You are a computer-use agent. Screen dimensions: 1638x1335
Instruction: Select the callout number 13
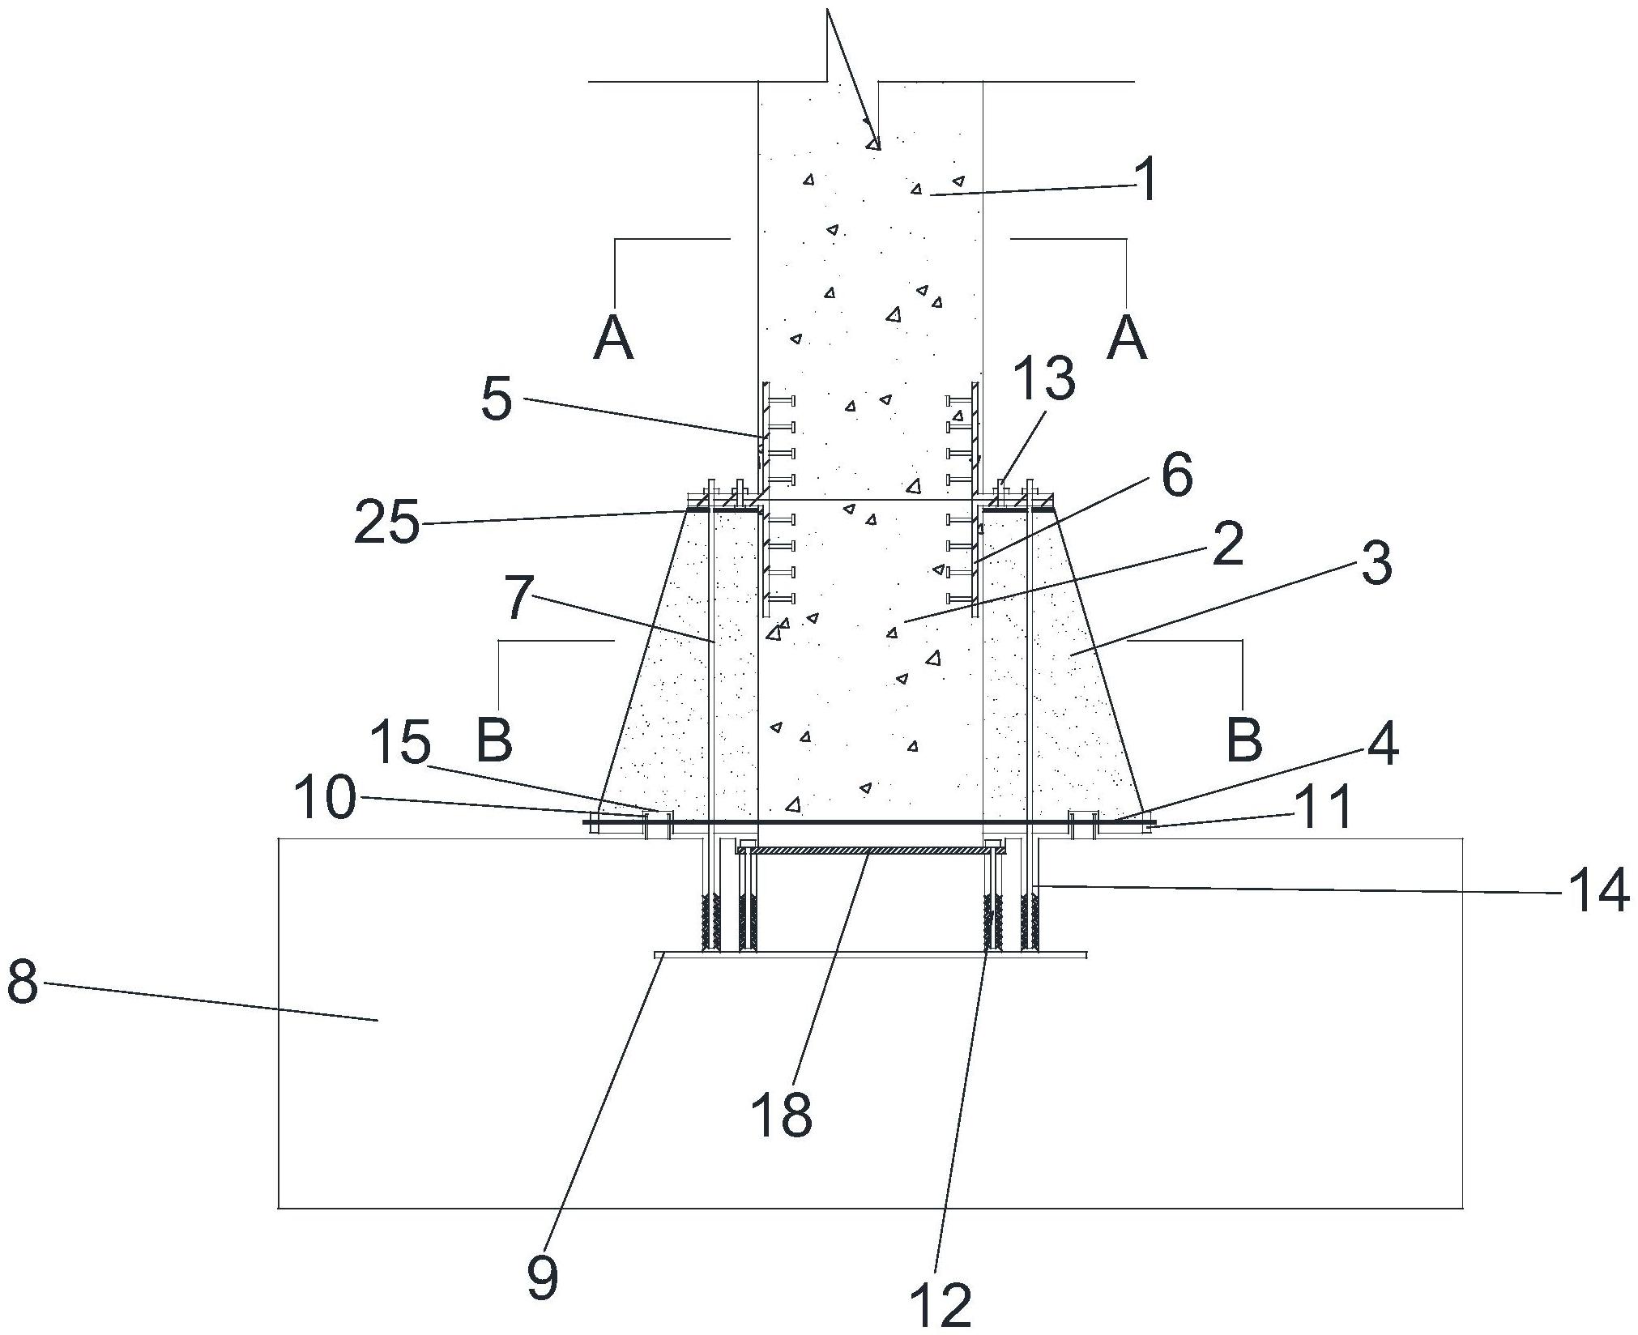(x=1044, y=378)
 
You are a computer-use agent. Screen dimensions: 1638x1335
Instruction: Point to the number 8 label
(x=23, y=984)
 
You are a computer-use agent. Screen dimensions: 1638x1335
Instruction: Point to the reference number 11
(x=1322, y=807)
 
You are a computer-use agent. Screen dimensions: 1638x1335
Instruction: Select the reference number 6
(x=1176, y=475)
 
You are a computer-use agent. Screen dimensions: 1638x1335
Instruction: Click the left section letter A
(x=613, y=337)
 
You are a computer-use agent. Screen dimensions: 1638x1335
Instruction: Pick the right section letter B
(x=1244, y=740)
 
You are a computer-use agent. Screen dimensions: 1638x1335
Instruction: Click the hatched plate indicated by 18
(x=871, y=851)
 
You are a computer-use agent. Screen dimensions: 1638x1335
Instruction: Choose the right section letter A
(x=1127, y=337)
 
